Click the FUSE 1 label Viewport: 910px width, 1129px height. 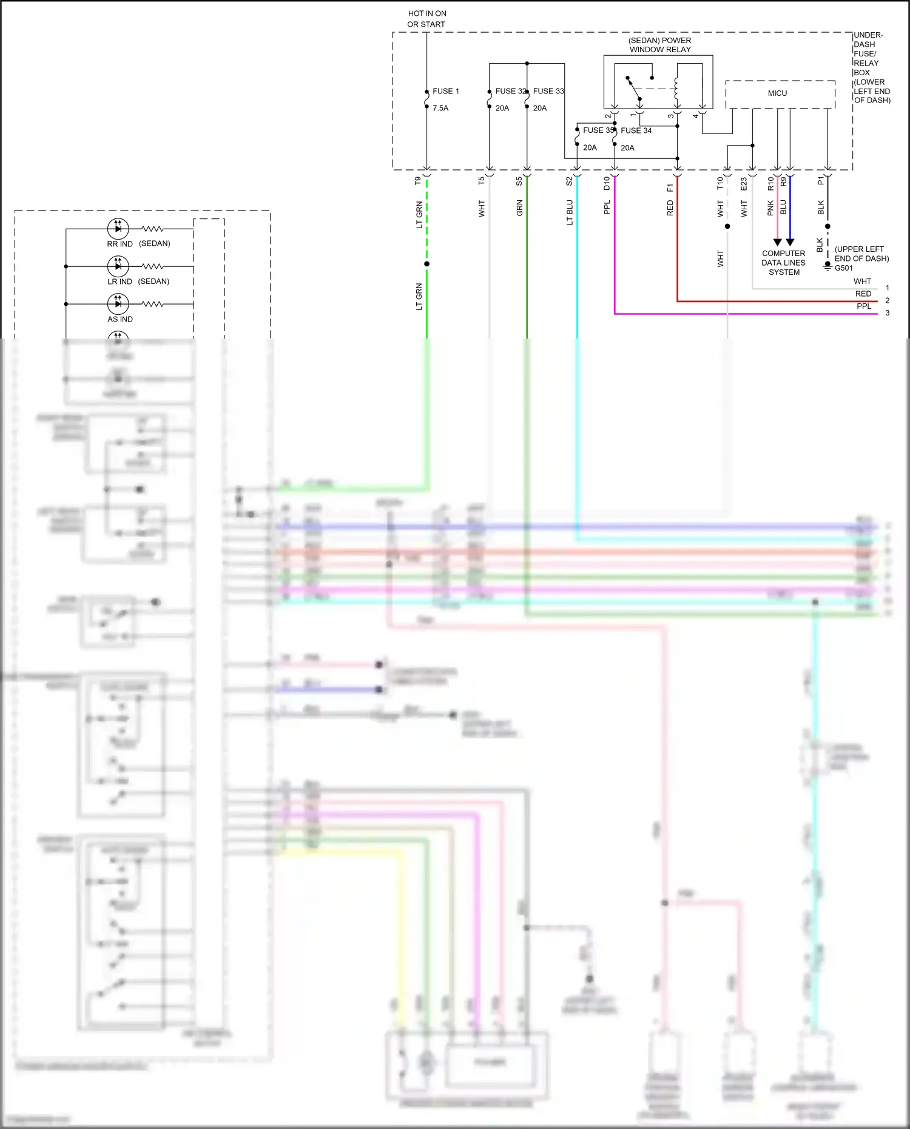(445, 91)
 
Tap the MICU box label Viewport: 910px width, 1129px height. (777, 93)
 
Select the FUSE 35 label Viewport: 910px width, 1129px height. (598, 130)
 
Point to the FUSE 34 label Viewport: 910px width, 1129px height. (636, 130)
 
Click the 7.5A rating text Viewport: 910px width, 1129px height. (440, 108)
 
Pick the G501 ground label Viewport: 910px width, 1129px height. (843, 268)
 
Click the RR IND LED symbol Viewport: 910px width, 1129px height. (118, 229)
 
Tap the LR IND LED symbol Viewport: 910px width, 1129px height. (118, 266)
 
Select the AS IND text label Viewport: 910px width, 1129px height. (120, 319)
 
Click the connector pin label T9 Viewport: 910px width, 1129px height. (418, 181)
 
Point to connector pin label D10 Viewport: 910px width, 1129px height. (607, 183)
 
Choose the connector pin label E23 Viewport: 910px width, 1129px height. (744, 184)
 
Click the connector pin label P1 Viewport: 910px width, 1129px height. (821, 181)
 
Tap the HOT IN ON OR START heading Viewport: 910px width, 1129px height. (426, 19)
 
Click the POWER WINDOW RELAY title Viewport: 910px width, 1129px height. (660, 45)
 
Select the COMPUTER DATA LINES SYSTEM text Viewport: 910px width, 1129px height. (784, 263)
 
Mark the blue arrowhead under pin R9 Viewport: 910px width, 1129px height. (790, 242)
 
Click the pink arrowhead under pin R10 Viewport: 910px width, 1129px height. (777, 242)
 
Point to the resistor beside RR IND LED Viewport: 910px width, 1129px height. (152, 229)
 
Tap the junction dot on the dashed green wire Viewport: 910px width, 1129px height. (427, 264)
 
